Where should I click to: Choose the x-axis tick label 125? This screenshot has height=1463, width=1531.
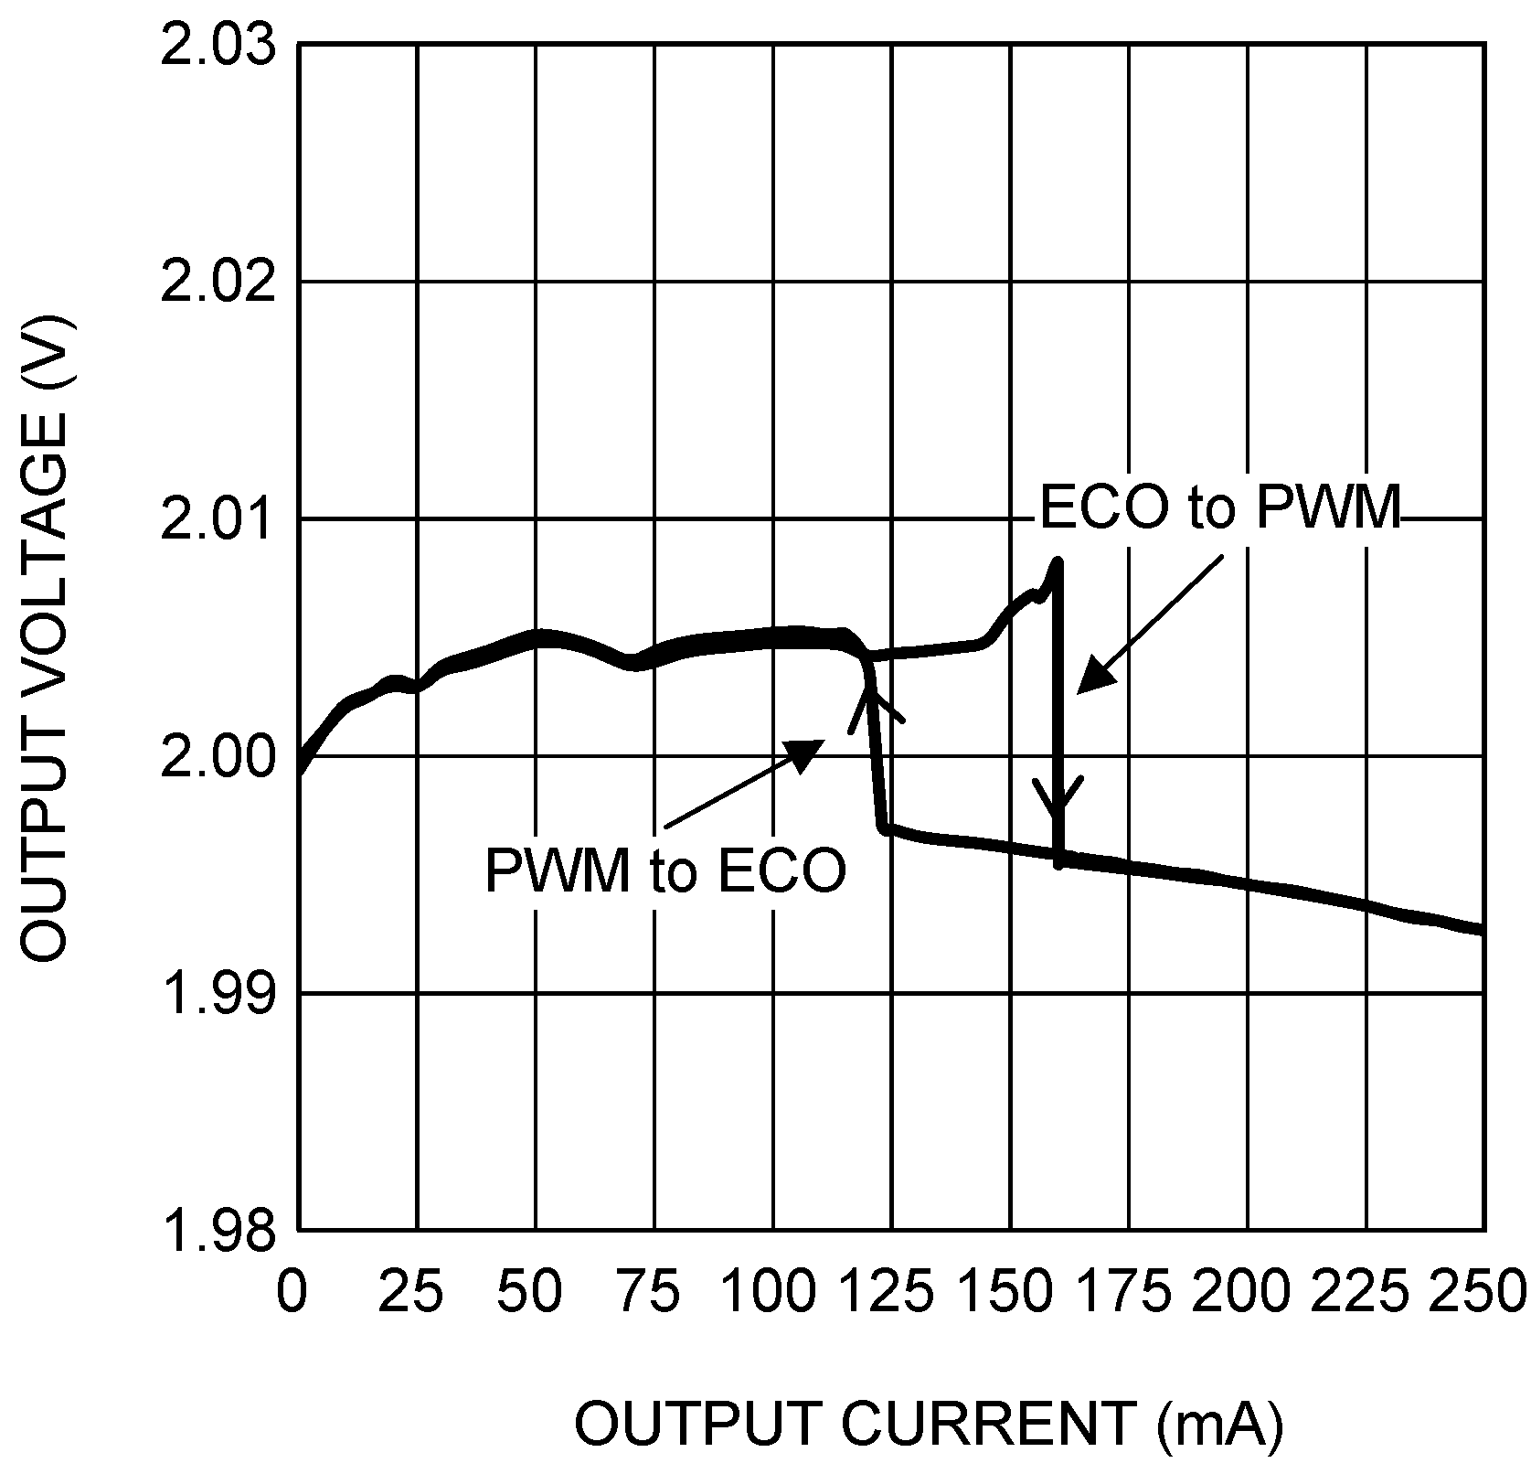pos(888,1292)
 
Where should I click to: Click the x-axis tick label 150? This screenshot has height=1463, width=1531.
pos(1006,1292)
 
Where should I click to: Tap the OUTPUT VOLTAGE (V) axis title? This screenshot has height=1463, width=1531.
pos(46,637)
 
